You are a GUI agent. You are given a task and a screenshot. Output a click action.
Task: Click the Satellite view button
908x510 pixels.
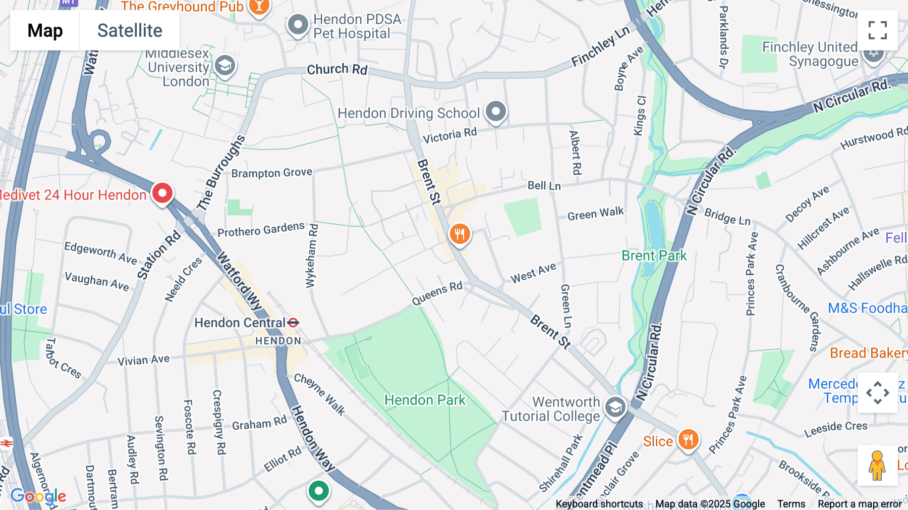pos(130,30)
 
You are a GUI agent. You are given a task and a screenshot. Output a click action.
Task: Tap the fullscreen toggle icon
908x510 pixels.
pos(877,30)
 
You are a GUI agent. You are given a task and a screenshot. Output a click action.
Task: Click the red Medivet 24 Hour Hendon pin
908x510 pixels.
pos(162,193)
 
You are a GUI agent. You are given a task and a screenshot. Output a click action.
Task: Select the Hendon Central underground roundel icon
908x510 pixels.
pos(293,322)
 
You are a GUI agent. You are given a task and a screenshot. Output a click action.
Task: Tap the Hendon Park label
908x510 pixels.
pos(425,400)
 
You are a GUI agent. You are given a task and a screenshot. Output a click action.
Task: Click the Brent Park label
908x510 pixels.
pos(654,256)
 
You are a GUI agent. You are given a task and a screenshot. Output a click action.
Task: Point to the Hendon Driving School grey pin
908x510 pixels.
pos(495,111)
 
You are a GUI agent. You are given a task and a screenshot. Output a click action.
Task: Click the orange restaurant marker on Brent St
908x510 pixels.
pos(460,234)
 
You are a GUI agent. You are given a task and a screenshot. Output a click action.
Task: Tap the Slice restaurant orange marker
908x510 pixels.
pos(688,439)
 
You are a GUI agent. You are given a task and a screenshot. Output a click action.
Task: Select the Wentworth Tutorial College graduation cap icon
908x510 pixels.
pos(615,407)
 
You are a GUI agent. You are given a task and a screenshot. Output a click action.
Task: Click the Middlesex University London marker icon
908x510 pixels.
pos(225,65)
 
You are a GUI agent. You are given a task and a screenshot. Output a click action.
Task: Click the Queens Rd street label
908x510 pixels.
pos(437,293)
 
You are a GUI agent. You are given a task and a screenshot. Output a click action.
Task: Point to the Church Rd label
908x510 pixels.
pos(337,69)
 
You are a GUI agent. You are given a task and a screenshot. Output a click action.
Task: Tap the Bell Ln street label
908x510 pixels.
pos(544,186)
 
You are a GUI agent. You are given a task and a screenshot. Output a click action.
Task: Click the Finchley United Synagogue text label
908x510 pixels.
pos(810,54)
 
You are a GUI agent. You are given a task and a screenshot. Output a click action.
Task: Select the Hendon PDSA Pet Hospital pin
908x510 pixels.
pos(298,24)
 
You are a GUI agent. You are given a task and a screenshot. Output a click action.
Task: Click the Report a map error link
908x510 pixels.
pos(860,504)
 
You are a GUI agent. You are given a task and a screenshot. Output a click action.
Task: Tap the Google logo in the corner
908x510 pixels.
pos(38,496)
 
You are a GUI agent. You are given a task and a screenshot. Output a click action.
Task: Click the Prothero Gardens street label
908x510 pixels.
pos(261,229)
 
